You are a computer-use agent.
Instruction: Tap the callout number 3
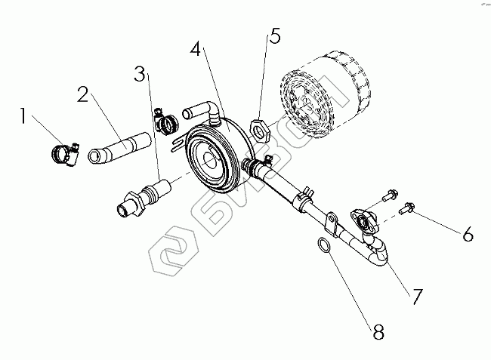pyautogui.click(x=139, y=73)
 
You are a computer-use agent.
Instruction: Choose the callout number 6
pyautogui.click(x=468, y=235)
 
